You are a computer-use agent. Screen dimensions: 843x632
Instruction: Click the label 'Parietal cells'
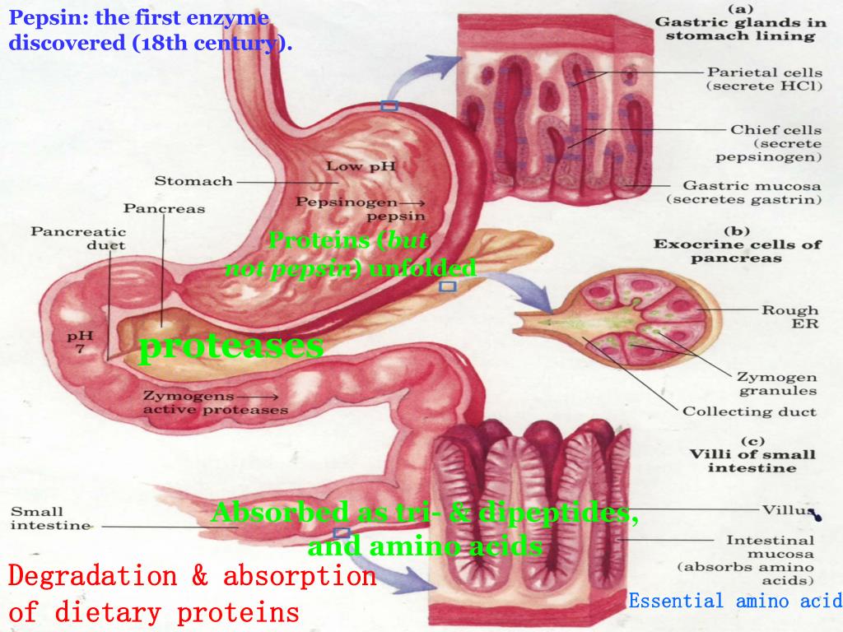click(x=765, y=72)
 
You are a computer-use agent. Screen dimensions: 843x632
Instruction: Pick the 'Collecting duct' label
click(x=749, y=411)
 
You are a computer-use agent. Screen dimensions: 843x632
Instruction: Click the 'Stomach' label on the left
click(x=193, y=181)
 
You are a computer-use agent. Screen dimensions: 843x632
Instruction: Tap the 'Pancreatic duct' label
click(x=78, y=238)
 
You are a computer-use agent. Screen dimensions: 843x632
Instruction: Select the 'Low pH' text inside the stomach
click(x=361, y=166)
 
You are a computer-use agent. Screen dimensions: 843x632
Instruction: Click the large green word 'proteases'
click(x=231, y=346)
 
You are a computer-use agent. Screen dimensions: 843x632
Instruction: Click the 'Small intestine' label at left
click(x=49, y=518)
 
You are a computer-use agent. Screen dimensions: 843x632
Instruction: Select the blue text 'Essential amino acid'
click(x=734, y=601)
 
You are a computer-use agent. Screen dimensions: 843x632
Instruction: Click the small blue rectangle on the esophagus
click(x=389, y=106)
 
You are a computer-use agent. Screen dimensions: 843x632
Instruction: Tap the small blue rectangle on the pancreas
click(x=447, y=286)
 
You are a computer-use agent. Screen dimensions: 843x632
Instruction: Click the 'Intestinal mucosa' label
click(x=770, y=547)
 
